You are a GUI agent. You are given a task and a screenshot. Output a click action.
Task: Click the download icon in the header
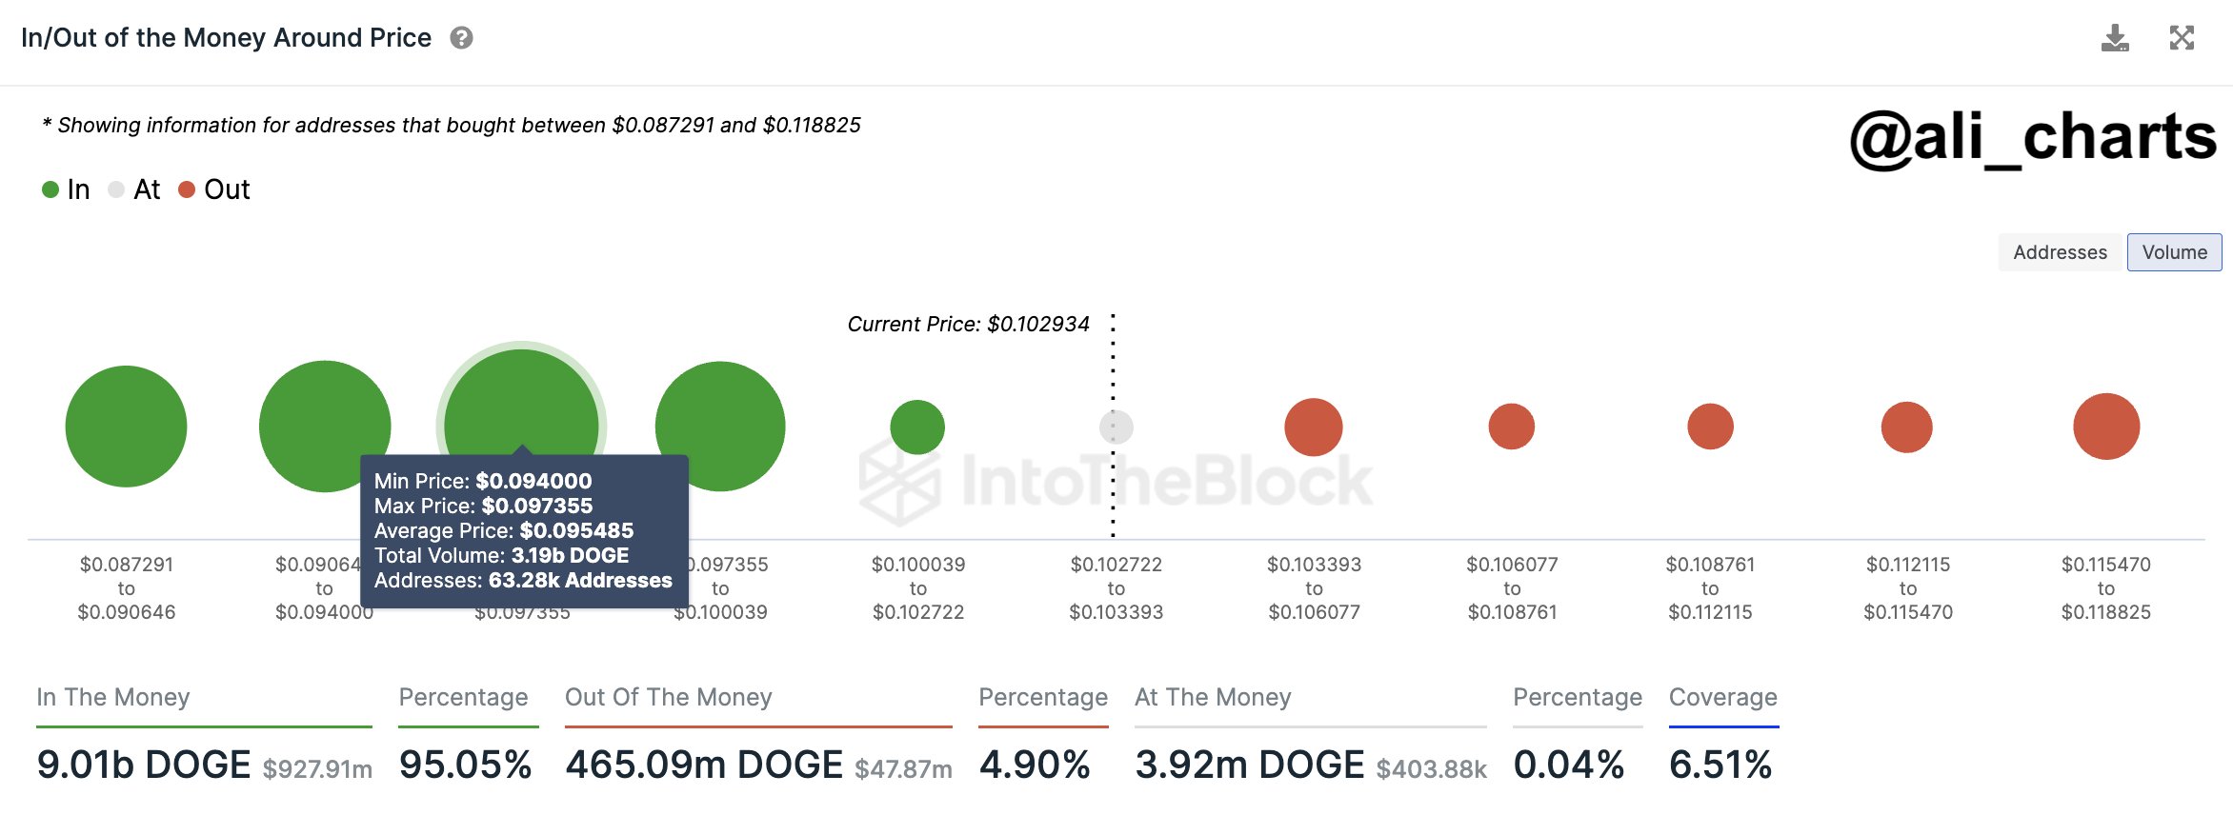[2115, 38]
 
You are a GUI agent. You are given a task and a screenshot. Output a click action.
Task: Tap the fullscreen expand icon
[2182, 38]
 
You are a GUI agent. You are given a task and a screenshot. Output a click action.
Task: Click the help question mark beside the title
[462, 38]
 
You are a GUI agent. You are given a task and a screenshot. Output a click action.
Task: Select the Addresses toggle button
[2060, 252]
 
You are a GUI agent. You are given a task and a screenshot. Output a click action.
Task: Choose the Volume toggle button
[2174, 252]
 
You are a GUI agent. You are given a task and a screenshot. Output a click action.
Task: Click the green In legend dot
[50, 189]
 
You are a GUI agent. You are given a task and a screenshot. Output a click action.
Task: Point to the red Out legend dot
[187, 189]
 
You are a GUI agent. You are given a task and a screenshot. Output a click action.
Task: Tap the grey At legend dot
[116, 189]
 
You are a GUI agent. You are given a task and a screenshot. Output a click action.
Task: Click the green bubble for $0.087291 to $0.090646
[126, 426]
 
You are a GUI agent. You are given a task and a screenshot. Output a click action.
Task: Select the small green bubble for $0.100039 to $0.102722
[917, 427]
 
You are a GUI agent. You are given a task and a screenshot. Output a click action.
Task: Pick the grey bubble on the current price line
[1116, 427]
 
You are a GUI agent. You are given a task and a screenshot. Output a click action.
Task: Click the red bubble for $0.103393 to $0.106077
[1314, 427]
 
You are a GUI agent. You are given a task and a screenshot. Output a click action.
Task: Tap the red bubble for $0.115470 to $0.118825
[2106, 427]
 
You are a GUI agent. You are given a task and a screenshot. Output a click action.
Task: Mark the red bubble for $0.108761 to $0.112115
[1710, 427]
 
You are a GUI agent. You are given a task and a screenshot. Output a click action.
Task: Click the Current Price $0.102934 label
[968, 324]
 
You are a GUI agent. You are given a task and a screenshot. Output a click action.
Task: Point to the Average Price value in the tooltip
[576, 530]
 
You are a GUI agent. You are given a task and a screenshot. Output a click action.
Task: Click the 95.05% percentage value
[465, 765]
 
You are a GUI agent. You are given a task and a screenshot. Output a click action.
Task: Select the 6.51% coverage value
[1720, 765]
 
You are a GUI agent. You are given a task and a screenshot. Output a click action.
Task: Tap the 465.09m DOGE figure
[704, 765]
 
